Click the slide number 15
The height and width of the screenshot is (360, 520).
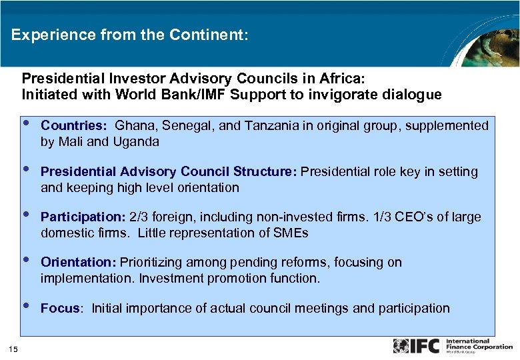point(13,348)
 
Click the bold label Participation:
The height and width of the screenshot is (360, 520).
point(83,217)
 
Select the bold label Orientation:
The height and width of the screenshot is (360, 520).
point(79,262)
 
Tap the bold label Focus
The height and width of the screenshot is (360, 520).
point(62,308)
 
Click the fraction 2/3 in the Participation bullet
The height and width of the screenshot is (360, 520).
point(139,217)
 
